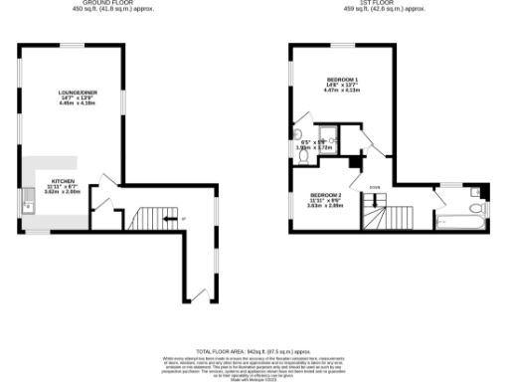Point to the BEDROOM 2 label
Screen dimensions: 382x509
326,194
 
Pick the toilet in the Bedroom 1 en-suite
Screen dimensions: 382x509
299,136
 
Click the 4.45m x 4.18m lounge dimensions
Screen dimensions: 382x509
76,102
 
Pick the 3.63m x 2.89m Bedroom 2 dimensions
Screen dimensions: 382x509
326,206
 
